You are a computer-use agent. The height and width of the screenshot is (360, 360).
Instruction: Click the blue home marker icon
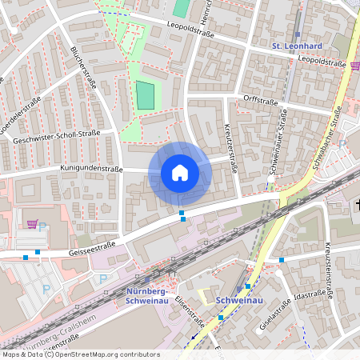click(x=179, y=173)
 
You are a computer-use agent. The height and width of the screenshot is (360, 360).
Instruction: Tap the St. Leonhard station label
click(x=298, y=46)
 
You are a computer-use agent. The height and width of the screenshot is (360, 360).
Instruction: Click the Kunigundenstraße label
click(x=91, y=169)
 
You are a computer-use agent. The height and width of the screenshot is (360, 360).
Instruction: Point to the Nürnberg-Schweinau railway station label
click(x=150, y=295)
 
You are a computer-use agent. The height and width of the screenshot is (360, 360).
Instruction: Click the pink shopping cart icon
click(x=32, y=224)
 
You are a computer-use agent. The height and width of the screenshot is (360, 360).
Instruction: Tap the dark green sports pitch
click(x=146, y=95)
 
